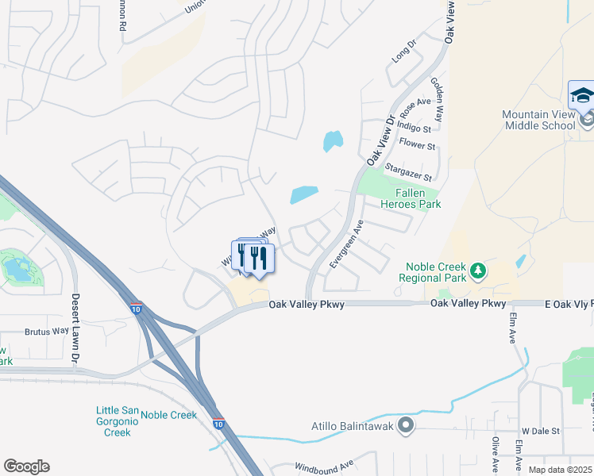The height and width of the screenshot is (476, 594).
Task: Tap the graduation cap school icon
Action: tap(581, 96)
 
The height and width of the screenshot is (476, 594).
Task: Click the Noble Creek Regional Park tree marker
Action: tap(477, 271)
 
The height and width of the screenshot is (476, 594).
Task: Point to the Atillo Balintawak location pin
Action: tap(406, 426)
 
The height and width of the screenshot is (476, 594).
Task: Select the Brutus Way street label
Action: tap(47, 332)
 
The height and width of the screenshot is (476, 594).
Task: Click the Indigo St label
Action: tap(414, 128)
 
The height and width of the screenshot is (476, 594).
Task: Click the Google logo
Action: tap(26, 466)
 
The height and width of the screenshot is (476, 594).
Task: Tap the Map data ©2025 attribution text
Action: tap(561, 470)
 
